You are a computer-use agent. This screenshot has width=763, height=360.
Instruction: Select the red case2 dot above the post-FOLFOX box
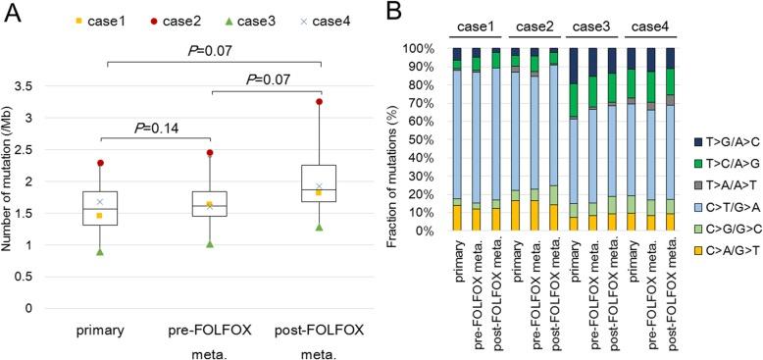(320, 101)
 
